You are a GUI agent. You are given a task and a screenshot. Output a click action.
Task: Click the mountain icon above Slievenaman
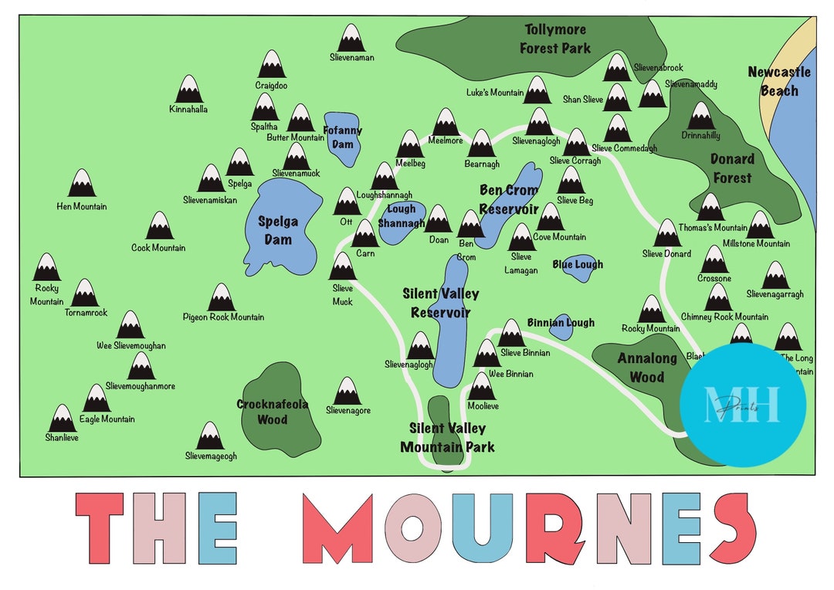tap(351, 38)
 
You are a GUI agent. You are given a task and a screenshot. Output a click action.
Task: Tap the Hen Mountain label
tap(82, 206)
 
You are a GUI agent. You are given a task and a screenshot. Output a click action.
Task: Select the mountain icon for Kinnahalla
tap(188, 90)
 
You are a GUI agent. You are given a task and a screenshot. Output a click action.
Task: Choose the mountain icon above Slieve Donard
tap(667, 233)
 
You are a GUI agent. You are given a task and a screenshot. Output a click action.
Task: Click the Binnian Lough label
tap(561, 323)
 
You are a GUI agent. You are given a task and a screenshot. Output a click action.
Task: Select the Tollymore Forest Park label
tap(555, 39)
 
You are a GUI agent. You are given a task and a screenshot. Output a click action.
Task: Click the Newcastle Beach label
tap(778, 81)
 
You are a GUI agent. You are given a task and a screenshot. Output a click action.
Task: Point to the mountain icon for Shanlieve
tap(62, 419)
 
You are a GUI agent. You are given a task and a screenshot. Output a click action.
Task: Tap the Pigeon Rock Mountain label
tap(223, 317)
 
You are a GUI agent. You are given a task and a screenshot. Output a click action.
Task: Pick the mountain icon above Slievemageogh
tap(210, 436)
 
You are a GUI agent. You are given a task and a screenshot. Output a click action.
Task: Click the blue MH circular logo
tap(743, 405)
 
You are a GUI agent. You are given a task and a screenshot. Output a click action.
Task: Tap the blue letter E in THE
tap(217, 529)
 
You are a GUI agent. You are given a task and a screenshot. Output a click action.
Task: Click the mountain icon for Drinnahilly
tap(701, 116)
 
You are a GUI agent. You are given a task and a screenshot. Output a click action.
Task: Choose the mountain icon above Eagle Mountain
tap(97, 398)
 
